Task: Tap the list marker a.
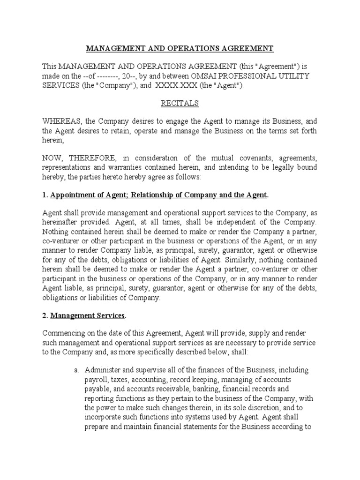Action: click(x=76, y=370)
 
